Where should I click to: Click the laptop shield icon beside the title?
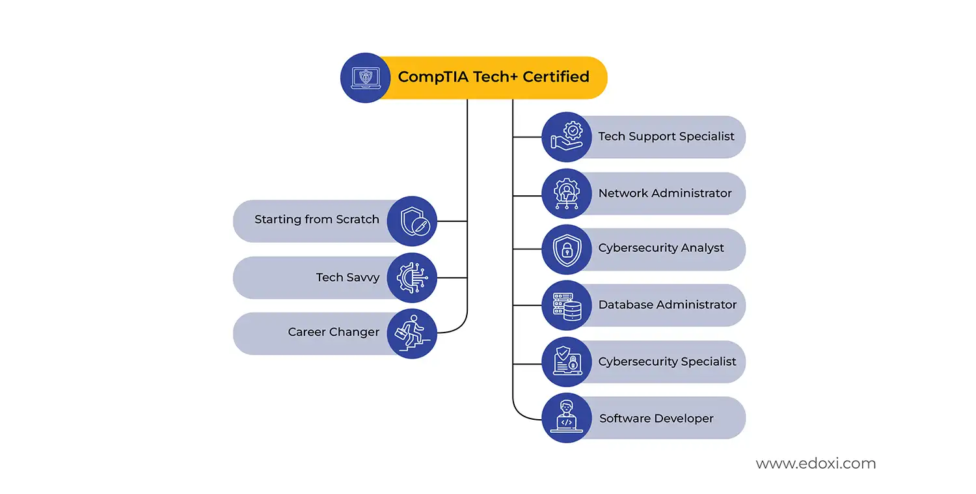[365, 77]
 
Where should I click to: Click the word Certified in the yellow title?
[556, 77]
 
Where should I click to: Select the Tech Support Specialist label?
[666, 137]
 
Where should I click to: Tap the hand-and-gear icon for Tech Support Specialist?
[567, 137]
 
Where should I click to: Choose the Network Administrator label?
[664, 193]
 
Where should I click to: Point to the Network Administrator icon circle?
[567, 193]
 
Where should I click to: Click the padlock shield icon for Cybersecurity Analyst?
[567, 249]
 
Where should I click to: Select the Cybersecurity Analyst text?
[660, 249]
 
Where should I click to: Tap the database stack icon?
[567, 305]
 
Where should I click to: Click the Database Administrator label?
[667, 305]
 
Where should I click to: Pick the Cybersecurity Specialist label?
[667, 361]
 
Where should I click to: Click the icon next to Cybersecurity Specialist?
[567, 362]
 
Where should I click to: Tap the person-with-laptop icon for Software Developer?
[567, 418]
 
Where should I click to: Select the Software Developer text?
[656, 419]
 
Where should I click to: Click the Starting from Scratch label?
[316, 220]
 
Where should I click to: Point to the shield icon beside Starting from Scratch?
[412, 221]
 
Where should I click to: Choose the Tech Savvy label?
[347, 277]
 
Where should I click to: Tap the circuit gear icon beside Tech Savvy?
[412, 277]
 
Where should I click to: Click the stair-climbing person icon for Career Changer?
[412, 333]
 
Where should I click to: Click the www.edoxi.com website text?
[815, 464]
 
